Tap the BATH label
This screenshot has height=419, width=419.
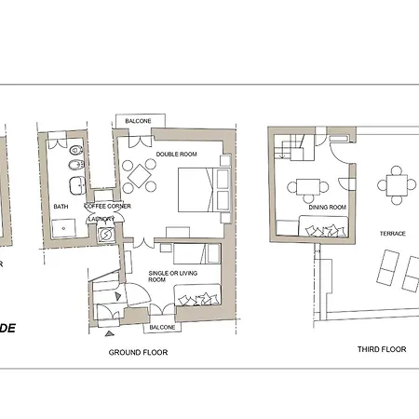click(x=61, y=207)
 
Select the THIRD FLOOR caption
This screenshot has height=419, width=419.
click(x=382, y=349)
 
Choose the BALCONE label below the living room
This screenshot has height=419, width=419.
click(x=159, y=328)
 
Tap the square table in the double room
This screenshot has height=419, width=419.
click(x=141, y=174)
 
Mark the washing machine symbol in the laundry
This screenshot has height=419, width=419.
click(x=106, y=234)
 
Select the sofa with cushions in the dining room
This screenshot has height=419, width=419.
click(x=324, y=226)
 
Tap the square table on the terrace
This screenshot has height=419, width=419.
click(x=399, y=184)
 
